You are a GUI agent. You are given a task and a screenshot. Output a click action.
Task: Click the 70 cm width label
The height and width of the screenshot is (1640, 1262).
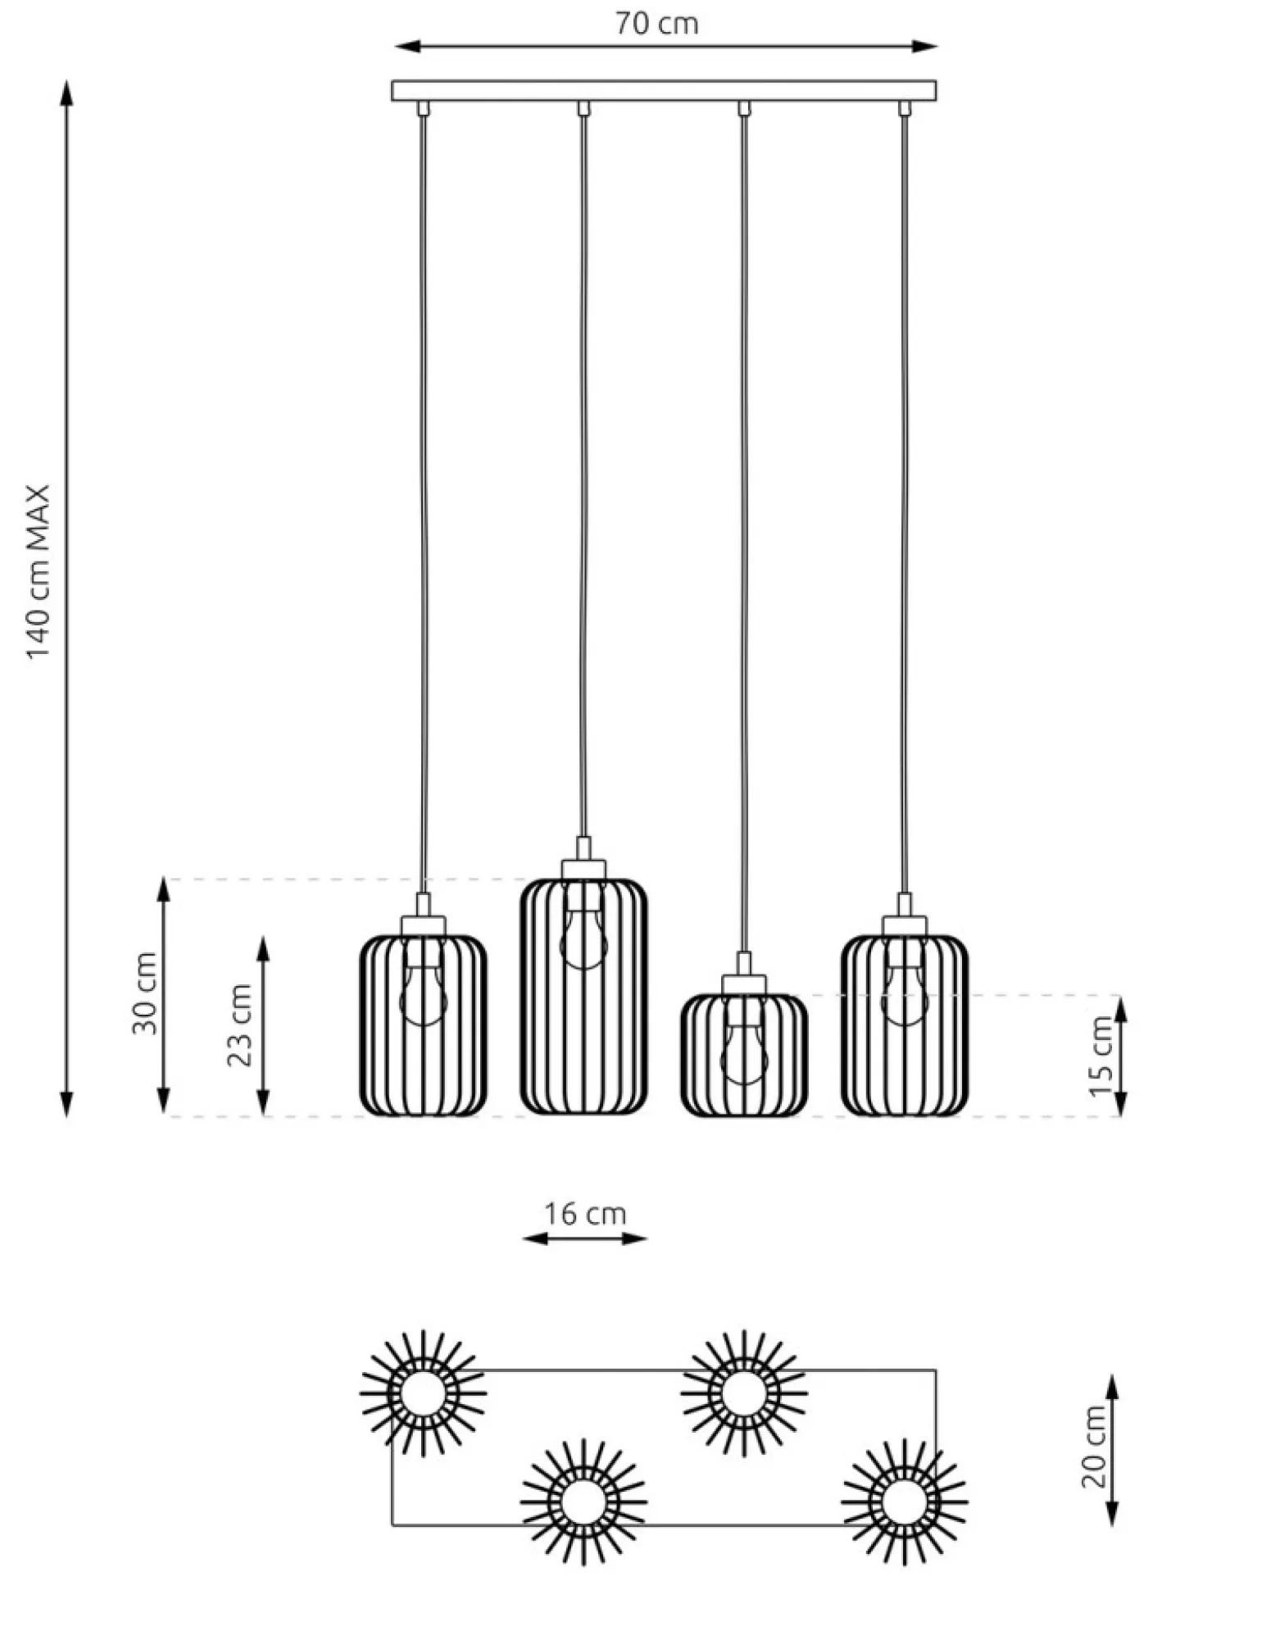tap(657, 23)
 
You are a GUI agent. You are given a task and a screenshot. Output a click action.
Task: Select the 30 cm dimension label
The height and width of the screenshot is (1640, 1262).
tap(144, 993)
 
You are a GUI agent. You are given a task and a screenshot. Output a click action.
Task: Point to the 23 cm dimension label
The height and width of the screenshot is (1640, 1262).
tap(240, 1024)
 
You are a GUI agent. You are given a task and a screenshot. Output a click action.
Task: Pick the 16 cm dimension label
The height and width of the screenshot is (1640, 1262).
tap(585, 1213)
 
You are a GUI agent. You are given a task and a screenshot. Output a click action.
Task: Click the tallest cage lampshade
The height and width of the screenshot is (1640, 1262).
tap(583, 997)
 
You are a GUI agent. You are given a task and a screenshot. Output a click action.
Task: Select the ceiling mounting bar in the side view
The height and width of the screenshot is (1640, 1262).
tap(664, 90)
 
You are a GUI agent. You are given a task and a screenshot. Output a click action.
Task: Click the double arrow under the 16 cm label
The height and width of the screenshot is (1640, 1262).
tap(585, 1238)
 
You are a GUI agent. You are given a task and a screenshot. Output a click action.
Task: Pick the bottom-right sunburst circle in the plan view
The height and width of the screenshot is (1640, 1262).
tap(905, 1502)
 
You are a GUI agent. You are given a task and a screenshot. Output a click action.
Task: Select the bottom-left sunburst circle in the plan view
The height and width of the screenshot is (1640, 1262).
tap(584, 1502)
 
